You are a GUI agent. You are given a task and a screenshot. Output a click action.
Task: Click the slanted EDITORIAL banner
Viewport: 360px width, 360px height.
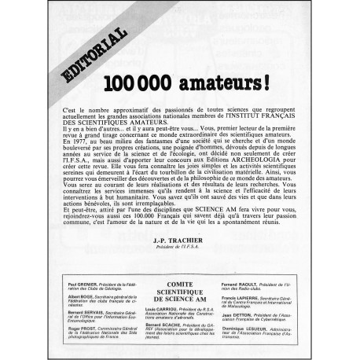point(90,54)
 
